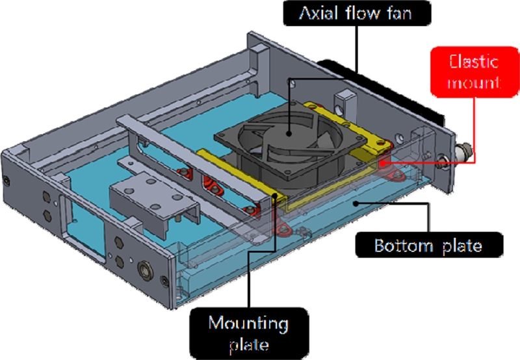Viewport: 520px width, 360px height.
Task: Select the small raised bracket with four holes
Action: [x=153, y=195]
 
